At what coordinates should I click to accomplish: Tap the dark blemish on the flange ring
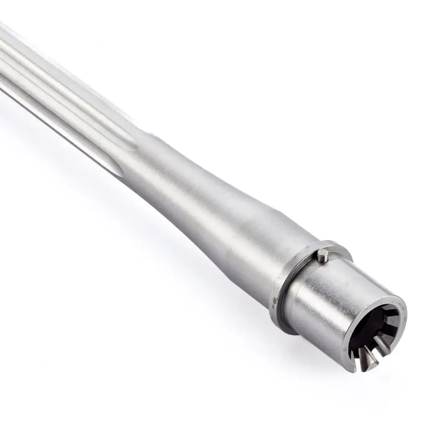click(274, 300)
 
